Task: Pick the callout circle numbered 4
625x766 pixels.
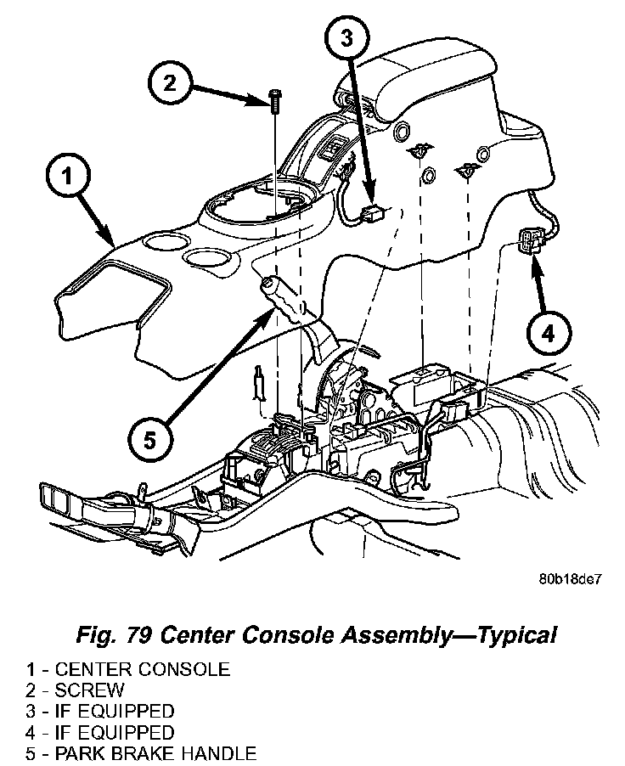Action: click(548, 332)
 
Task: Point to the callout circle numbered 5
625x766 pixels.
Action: click(149, 439)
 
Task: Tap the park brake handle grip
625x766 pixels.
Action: click(280, 298)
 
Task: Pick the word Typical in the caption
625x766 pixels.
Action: click(509, 634)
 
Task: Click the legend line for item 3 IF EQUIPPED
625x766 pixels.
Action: click(110, 711)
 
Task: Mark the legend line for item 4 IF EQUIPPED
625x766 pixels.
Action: click(110, 731)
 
